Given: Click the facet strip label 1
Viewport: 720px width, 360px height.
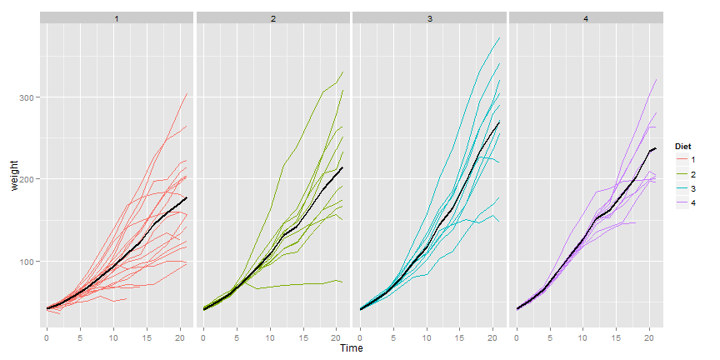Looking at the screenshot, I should pyautogui.click(x=117, y=17).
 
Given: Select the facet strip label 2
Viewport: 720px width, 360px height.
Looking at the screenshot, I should pyautogui.click(x=273, y=17).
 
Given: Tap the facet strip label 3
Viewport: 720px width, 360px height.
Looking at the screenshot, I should pyautogui.click(x=430, y=17).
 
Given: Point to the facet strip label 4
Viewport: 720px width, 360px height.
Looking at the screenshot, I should pyautogui.click(x=586, y=17).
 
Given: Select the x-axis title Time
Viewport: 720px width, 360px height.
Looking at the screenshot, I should pyautogui.click(x=351, y=348).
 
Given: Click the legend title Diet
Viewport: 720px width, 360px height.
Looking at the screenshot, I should pyautogui.click(x=682, y=147).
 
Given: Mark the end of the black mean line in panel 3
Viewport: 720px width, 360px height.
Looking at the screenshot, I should pyautogui.click(x=499, y=122).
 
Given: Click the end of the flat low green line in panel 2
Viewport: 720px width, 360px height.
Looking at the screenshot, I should pyautogui.click(x=342, y=282).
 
